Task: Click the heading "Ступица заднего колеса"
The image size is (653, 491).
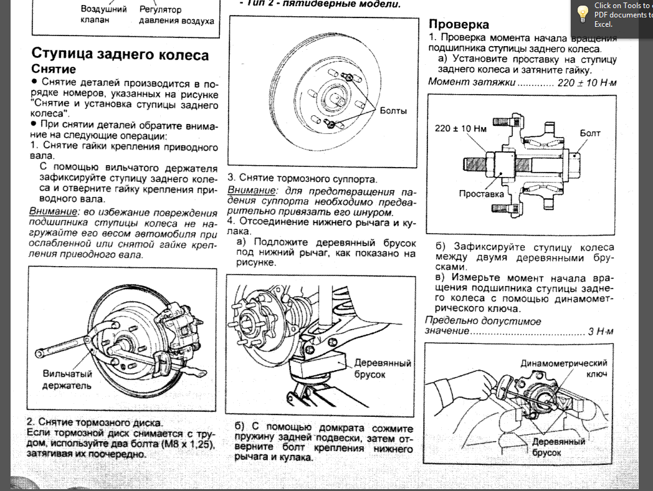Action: (x=120, y=54)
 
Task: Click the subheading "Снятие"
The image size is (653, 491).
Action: (x=54, y=69)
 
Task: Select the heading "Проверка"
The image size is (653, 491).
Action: (x=459, y=24)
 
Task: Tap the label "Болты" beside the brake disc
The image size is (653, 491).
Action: (x=393, y=110)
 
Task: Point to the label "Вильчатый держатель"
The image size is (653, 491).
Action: (x=67, y=379)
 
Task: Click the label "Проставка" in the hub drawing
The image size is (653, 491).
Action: (x=481, y=194)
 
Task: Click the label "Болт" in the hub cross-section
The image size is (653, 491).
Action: (x=590, y=133)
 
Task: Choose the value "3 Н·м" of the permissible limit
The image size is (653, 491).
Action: (x=600, y=331)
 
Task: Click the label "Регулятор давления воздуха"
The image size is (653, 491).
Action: (x=176, y=16)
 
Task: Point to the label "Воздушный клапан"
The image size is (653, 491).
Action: (x=103, y=15)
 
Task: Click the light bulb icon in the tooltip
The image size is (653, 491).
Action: (x=583, y=14)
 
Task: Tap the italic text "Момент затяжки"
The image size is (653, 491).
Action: (x=472, y=82)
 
